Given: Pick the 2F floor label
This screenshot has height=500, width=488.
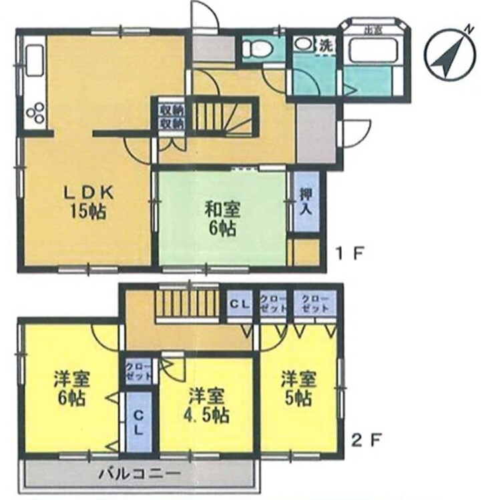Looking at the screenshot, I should pyautogui.click(x=366, y=439).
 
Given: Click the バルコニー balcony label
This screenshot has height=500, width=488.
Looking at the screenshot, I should pyautogui.click(x=140, y=475).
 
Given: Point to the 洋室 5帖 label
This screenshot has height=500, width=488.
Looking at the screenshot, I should pyautogui.click(x=296, y=390).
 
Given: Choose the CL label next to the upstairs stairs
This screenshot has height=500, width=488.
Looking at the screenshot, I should pyautogui.click(x=239, y=305).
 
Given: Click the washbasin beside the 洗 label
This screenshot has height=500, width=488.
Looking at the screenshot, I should pyautogui.click(x=303, y=44).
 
